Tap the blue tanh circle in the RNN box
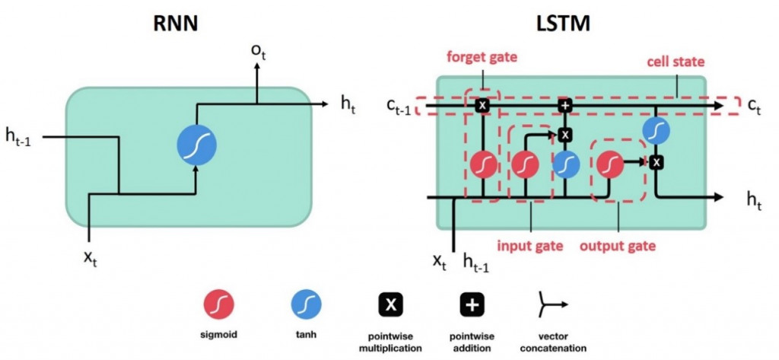(196, 142)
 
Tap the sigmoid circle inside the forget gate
(483, 163)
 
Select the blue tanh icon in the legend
(307, 305)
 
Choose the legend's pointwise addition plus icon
(472, 305)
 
